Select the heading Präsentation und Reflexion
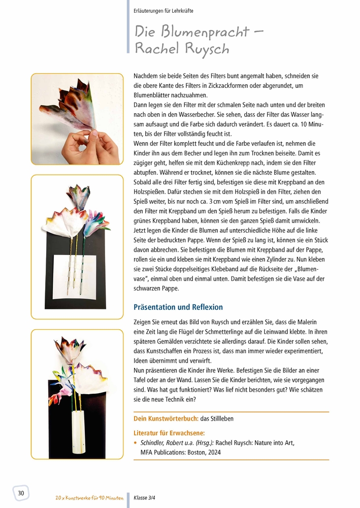pyautogui.click(x=178, y=307)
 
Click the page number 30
pyautogui.click(x=21, y=493)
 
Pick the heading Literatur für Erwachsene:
pyautogui.click(x=169, y=433)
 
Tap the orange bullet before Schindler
pyautogui.click(x=135, y=443)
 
